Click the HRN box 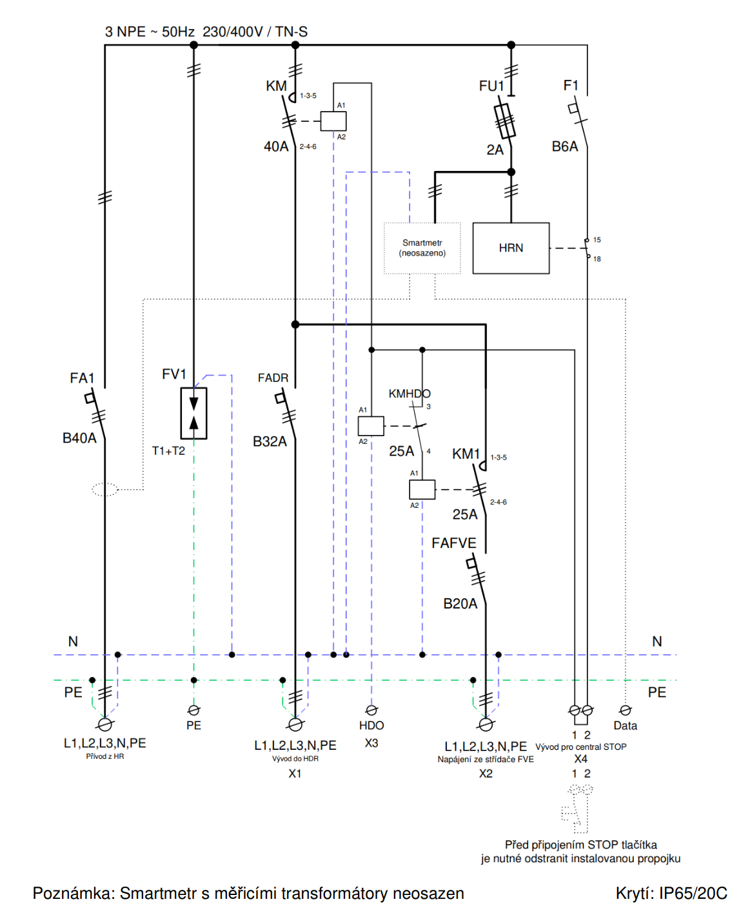click(x=511, y=248)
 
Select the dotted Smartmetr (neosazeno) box click(x=422, y=248)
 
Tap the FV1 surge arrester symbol click(x=193, y=413)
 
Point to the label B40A click(x=79, y=438)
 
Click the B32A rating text click(x=270, y=441)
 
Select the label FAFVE click(x=454, y=543)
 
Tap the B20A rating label click(x=460, y=604)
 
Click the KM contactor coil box click(x=333, y=121)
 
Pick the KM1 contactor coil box click(x=422, y=490)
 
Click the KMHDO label click(x=410, y=394)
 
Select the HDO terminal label click(x=371, y=726)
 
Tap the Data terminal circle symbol click(x=625, y=710)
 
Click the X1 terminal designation click(x=295, y=774)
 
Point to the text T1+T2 click(x=168, y=451)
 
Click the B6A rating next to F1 click(x=565, y=146)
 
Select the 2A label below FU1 click(x=495, y=150)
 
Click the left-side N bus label click(x=73, y=641)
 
